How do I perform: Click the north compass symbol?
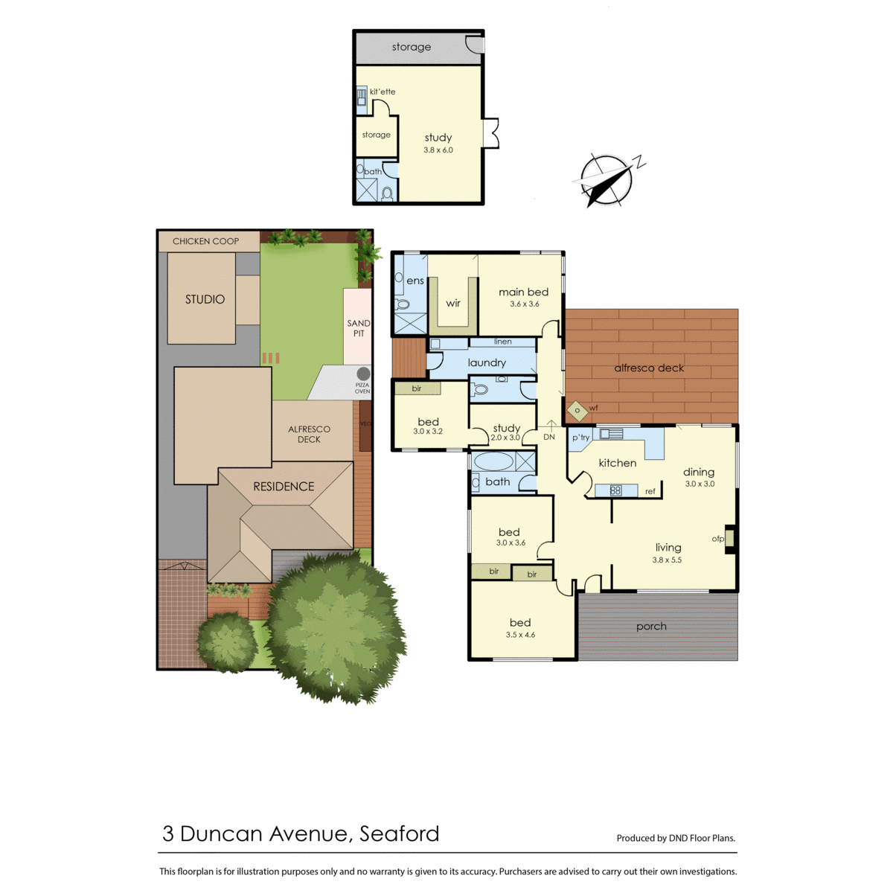606,180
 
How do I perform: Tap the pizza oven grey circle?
363,374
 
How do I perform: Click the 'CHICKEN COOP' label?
205,241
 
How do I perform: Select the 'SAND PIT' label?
358,328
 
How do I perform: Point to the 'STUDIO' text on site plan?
205,299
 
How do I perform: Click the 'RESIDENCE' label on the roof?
284,486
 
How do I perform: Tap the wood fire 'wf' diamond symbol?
577,411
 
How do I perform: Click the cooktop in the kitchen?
615,490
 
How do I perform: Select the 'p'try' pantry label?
580,438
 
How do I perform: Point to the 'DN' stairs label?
549,437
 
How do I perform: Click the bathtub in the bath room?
493,461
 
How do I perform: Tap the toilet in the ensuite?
403,304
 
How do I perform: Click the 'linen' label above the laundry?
503,342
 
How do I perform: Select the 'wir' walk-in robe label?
453,303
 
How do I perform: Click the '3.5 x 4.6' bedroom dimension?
520,635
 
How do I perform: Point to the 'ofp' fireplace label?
718,539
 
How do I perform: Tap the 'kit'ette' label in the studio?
383,92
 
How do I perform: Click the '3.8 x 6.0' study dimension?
438,150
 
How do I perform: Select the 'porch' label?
651,627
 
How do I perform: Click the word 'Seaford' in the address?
400,833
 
